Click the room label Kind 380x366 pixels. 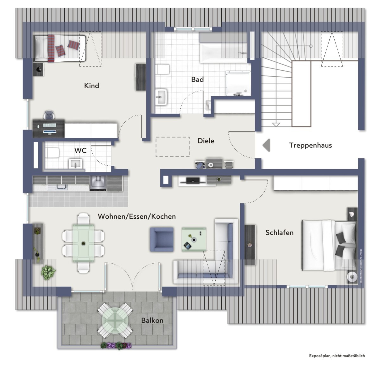92,86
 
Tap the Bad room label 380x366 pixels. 197,79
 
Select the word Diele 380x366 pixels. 206,141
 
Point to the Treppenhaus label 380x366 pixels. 310,145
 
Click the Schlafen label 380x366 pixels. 279,233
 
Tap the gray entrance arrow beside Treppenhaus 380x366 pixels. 266,145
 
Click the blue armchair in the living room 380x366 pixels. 162,239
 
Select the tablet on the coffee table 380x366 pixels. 187,246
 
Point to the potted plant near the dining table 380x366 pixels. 48,273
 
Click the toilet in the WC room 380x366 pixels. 52,153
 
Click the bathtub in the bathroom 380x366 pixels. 223,53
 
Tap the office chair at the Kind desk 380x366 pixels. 49,115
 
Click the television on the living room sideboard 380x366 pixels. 193,180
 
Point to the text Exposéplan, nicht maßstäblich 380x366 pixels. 337,356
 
